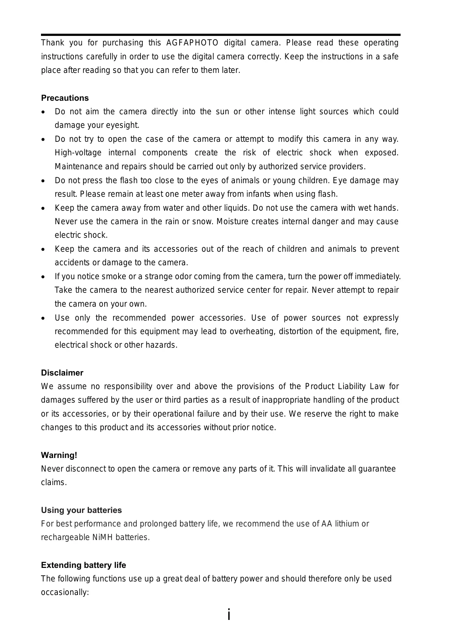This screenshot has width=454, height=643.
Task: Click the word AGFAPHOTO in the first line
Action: [192, 43]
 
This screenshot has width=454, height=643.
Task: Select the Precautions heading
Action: [65, 98]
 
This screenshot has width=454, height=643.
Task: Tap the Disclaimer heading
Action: [62, 373]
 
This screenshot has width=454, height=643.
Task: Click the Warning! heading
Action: [59, 455]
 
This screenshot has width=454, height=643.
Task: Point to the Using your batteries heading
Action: [81, 510]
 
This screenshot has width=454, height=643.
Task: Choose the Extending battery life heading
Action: [83, 565]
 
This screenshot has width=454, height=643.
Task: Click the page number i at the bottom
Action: [229, 614]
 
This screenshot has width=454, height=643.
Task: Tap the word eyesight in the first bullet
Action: [122, 125]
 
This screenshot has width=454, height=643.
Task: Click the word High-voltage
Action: [78, 153]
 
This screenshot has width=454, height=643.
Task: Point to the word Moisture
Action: [232, 222]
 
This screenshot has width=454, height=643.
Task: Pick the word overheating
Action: [252, 332]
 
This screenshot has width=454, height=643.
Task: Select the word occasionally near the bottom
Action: [64, 593]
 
